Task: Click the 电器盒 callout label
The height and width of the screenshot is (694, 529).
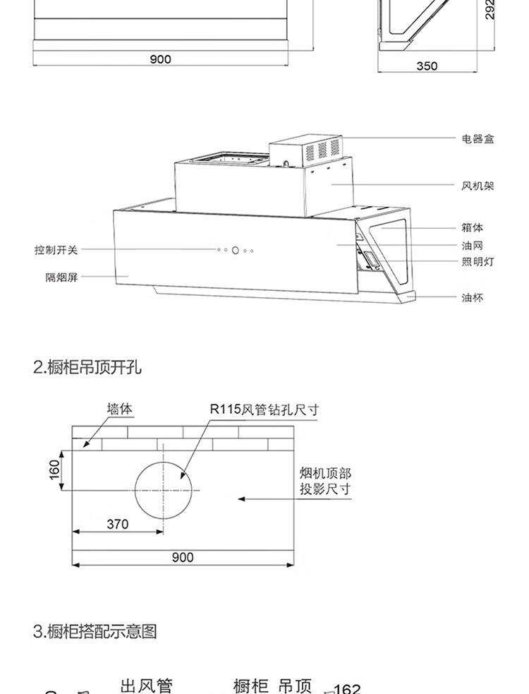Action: pos(478,139)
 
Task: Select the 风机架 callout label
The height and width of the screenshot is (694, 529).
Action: pos(478,186)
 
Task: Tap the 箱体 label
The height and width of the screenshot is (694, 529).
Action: pos(473,227)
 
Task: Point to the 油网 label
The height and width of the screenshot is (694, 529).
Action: pos(473,245)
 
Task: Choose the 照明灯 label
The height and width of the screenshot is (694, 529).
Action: pos(478,262)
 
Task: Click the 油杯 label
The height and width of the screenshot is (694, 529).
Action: pos(473,298)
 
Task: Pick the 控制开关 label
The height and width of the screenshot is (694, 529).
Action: pos(56,250)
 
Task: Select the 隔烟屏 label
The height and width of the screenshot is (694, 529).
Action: pos(61,277)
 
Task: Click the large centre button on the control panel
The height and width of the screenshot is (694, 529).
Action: pos(236,250)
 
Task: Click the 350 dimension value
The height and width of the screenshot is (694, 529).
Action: pos(427,66)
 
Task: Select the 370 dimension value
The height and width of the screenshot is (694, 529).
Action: pos(118,524)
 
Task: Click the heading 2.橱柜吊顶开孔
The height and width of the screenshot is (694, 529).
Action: pos(87,367)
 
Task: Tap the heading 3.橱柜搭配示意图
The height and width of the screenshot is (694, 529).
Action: pos(95,630)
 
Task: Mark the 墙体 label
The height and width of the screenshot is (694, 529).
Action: pos(120,409)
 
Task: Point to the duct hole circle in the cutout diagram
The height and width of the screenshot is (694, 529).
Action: pos(164,489)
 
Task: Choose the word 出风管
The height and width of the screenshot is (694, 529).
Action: pos(146,685)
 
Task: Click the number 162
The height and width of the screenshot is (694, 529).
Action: pos(346,688)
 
